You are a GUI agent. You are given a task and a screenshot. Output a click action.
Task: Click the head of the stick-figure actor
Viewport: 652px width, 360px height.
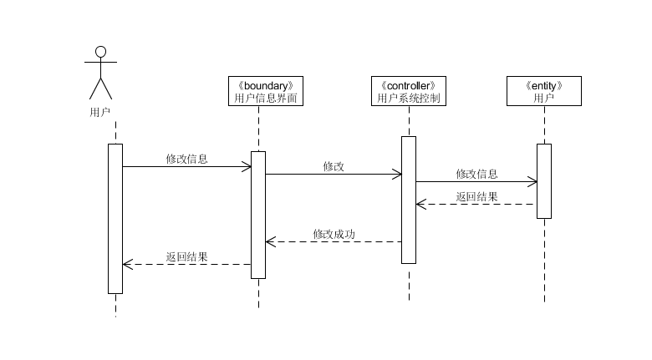coord(101,52)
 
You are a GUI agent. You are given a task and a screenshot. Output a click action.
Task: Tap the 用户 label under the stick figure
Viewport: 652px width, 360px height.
coord(100,110)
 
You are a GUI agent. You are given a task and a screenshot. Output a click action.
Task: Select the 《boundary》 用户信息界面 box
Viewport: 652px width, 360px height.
coord(265,91)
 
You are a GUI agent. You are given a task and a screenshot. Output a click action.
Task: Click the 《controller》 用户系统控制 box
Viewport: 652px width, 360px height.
coord(408,91)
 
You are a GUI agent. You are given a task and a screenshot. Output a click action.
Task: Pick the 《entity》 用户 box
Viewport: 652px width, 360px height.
coord(543,91)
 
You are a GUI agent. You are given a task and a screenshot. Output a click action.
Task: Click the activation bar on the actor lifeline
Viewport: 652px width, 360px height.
coord(115,219)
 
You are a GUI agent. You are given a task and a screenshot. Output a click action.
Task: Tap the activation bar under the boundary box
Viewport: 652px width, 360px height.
coord(258,215)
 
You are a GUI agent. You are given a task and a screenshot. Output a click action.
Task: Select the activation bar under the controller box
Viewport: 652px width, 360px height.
coord(408,200)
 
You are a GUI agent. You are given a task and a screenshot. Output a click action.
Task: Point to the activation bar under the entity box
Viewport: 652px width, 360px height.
coord(543,181)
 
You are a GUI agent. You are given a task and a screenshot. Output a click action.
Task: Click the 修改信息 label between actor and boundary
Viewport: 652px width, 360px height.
coord(186,159)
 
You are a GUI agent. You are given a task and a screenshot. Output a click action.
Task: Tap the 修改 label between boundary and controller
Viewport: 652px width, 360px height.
coord(334,166)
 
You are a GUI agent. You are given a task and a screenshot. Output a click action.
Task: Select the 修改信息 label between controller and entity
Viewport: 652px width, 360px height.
coord(476,174)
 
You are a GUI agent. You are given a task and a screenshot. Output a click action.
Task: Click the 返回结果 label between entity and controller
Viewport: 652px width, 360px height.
coord(476,197)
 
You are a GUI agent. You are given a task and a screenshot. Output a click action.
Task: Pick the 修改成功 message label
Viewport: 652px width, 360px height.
coord(334,234)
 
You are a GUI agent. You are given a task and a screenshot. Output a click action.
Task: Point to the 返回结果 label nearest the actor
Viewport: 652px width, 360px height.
coord(186,256)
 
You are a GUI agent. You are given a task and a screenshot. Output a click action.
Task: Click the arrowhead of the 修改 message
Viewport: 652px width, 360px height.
coord(397,174)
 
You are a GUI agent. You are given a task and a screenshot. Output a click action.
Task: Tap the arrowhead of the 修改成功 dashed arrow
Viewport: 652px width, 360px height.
coord(270,242)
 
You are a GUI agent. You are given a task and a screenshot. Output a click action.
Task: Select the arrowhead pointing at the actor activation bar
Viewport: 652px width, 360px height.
coord(127,264)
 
